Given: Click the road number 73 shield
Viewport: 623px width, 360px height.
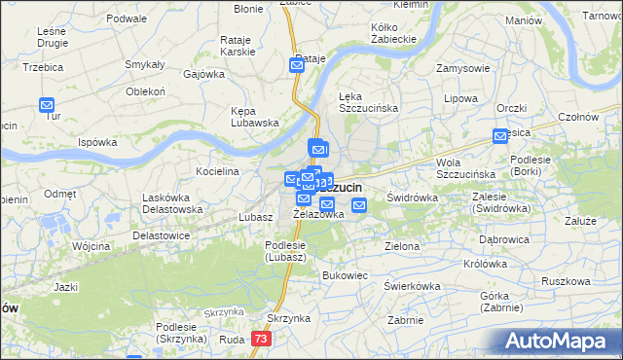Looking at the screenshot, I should pos(260,339).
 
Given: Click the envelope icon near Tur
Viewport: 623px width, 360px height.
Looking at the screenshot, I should pos(47,105).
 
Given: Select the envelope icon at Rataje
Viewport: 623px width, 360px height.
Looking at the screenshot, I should pos(297,65).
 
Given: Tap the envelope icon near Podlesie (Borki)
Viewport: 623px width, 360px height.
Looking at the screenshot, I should pos(500,137).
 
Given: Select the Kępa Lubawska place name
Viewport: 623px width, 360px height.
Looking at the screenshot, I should pos(255,117).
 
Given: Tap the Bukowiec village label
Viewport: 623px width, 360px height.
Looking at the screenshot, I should pos(345,275).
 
